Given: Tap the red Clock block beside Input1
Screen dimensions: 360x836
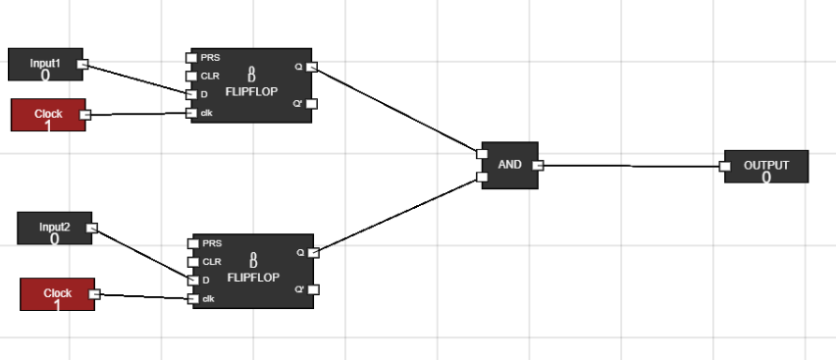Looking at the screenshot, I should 47,115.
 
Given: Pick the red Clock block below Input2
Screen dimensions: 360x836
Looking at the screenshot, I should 57,293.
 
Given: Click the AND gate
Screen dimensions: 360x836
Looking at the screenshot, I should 509,165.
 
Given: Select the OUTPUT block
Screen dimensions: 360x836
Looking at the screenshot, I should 765,167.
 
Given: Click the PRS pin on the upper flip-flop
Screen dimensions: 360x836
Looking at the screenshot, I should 191,57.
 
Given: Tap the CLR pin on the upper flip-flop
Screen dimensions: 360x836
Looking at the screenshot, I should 191,76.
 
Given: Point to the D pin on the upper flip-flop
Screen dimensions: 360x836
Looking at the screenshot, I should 191,94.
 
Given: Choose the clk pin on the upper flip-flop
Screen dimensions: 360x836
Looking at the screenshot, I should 191,113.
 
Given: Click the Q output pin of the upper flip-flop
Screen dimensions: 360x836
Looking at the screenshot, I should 311,67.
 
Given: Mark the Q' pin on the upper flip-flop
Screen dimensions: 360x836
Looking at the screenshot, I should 311,103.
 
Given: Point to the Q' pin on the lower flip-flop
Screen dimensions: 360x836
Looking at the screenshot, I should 313,289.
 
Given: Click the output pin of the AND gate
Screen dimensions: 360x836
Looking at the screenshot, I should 537,165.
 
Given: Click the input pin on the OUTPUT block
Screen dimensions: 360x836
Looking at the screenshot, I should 724,167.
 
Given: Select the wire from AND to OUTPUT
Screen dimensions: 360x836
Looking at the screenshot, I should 628,166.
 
